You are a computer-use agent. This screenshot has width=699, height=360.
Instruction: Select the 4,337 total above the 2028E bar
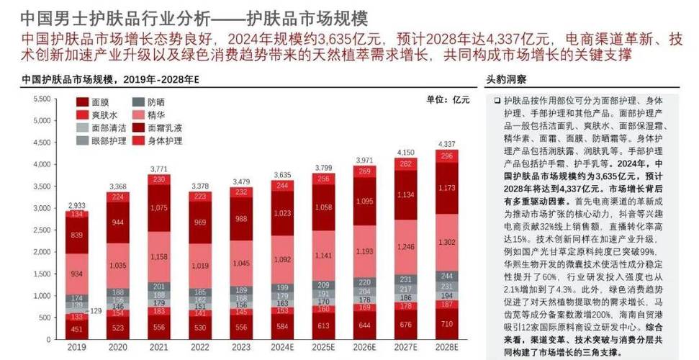coord(446,145)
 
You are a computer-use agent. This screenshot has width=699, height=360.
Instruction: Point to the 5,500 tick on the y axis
coord(42,99)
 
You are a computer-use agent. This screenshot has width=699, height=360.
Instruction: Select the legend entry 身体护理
coord(164,141)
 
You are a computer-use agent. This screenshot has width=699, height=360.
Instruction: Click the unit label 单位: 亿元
coord(448,99)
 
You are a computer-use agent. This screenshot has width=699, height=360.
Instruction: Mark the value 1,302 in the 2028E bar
coord(446,243)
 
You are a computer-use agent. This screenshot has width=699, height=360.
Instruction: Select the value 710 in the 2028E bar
coord(446,324)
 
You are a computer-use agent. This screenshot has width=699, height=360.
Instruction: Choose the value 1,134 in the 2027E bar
coord(405,194)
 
